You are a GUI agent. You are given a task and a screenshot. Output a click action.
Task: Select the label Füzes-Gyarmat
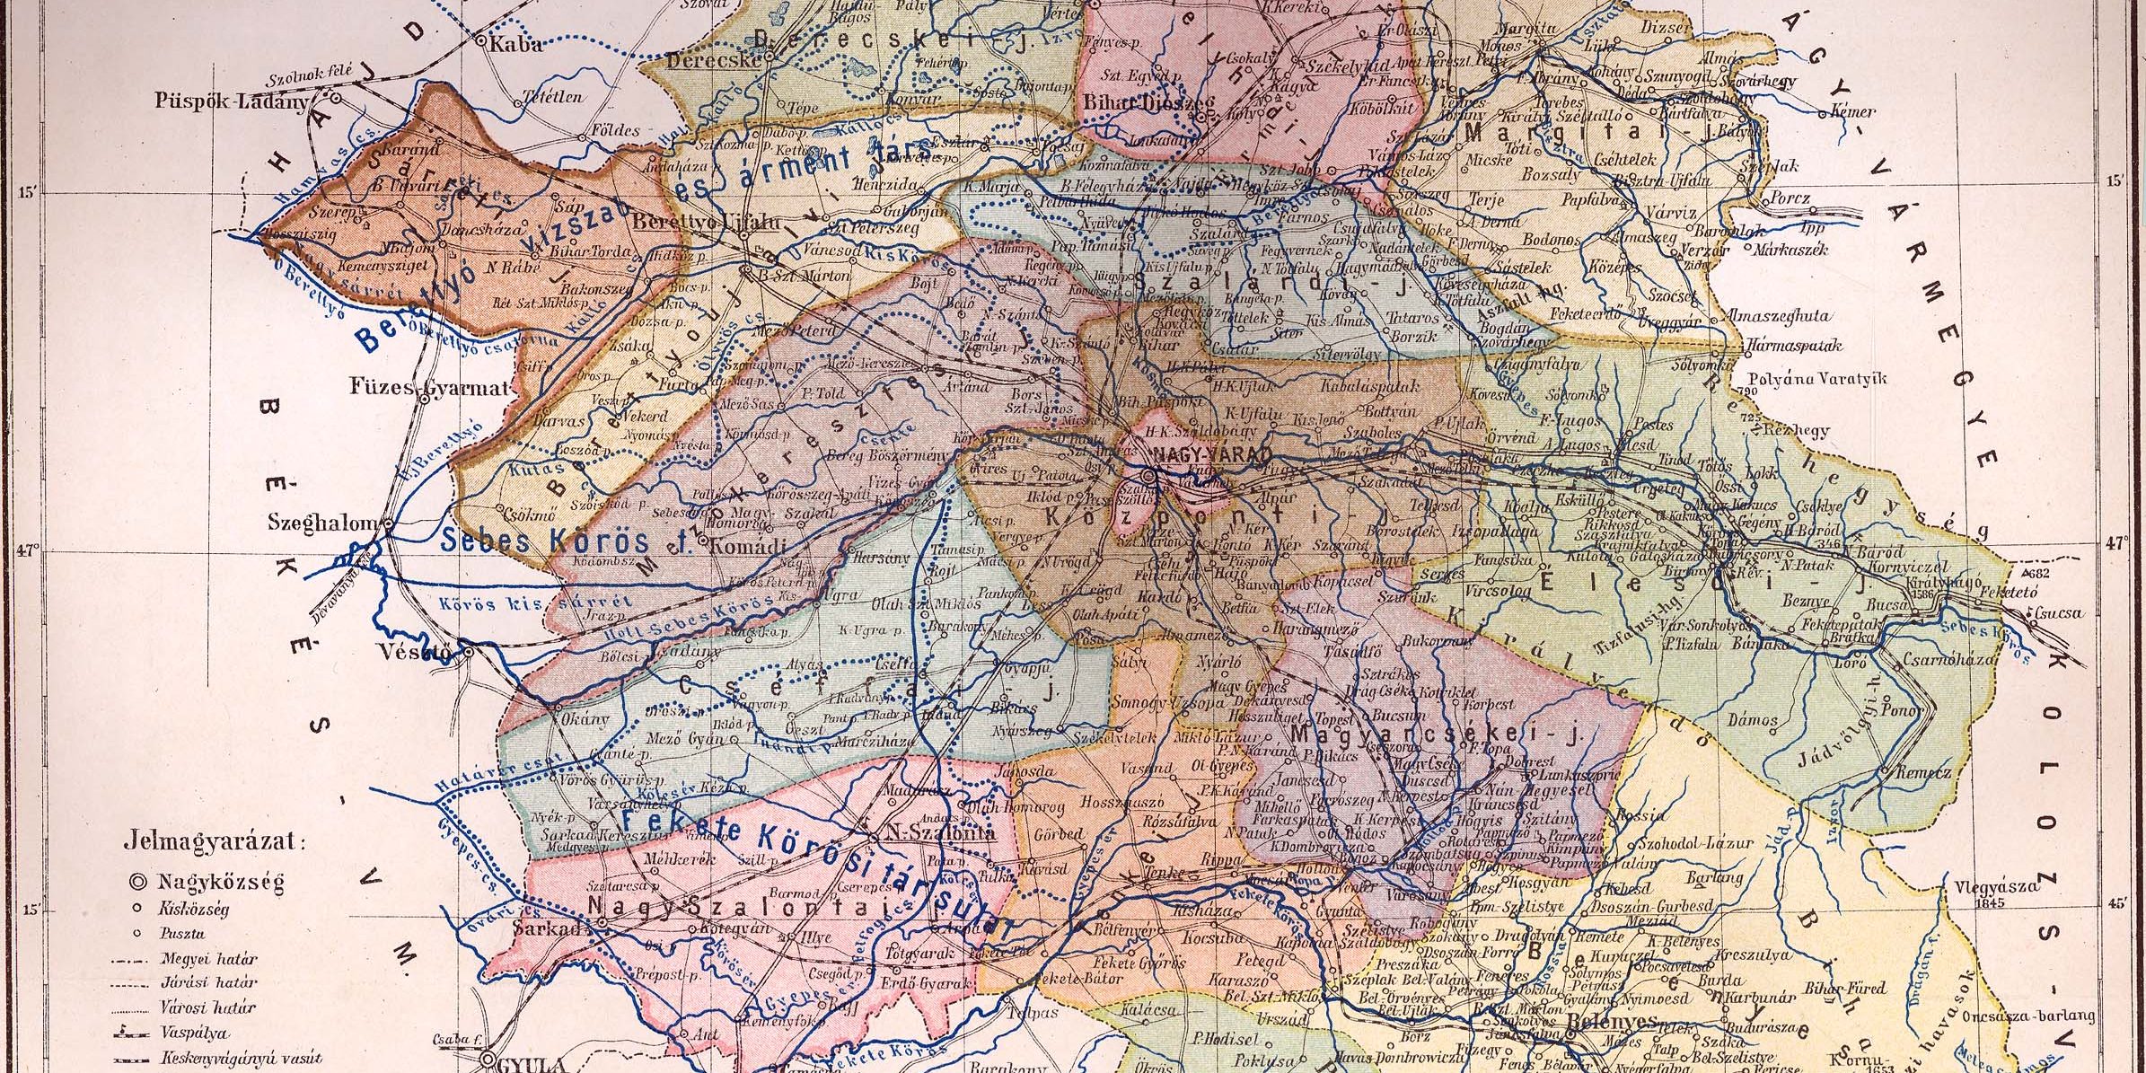[x=429, y=389]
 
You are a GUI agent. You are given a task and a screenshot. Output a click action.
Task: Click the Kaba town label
[x=515, y=45]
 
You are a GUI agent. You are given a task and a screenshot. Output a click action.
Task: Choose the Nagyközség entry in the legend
[x=220, y=882]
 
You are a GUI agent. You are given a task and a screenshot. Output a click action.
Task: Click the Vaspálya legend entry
[x=194, y=1033]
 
